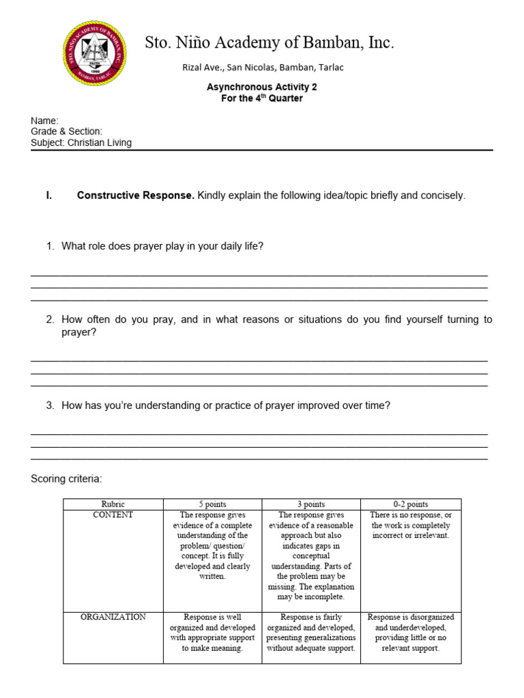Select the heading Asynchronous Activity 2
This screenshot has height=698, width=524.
(x=262, y=87)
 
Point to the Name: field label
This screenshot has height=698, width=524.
(x=44, y=120)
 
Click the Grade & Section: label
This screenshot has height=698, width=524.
(x=66, y=131)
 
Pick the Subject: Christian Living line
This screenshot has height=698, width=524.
(x=81, y=142)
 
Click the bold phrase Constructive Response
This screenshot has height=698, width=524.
(x=135, y=196)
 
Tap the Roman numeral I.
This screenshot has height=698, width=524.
(x=48, y=196)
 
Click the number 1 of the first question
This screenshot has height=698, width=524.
(x=50, y=246)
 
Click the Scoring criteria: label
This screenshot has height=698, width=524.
(x=66, y=479)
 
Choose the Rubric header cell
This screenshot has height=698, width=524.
(x=113, y=504)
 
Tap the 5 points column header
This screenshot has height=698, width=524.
(x=212, y=504)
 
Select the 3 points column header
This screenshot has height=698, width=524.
(x=311, y=504)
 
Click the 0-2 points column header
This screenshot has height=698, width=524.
(x=411, y=504)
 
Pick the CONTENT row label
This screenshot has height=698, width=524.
(x=113, y=515)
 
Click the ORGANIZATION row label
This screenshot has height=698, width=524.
(x=113, y=617)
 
